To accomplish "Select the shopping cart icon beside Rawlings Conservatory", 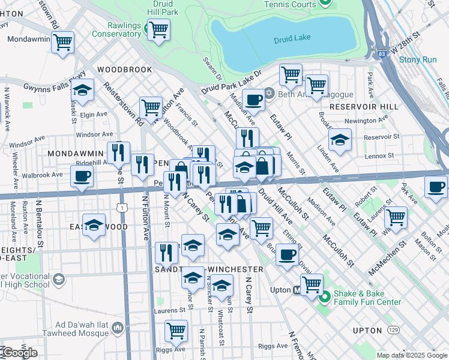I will click(158, 29).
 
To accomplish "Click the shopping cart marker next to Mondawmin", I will click(62, 43).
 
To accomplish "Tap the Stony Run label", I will click(418, 59).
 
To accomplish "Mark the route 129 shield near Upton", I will click(393, 331).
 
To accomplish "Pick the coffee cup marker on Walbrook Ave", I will click(82, 176).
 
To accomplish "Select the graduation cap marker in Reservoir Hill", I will click(340, 140).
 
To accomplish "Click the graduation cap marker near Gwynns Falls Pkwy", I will click(82, 91).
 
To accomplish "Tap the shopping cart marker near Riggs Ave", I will click(176, 330).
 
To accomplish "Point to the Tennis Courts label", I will click(290, 4).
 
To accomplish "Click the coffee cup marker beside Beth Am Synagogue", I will click(254, 100).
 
